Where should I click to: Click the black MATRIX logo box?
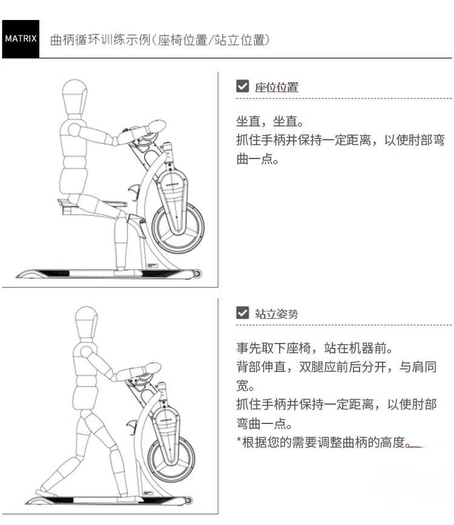(x=21, y=39)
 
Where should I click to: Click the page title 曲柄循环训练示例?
(x=100, y=40)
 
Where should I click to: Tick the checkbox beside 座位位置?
(x=242, y=86)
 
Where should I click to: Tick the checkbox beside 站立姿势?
(x=242, y=313)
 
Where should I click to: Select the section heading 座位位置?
(x=277, y=87)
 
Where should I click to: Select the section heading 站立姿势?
(x=277, y=314)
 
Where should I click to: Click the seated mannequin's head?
(x=74, y=97)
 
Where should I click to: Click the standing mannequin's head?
(x=87, y=324)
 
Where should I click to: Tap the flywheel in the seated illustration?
(x=177, y=229)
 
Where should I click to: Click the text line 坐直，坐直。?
(x=270, y=121)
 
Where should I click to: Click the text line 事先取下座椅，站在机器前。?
(x=314, y=348)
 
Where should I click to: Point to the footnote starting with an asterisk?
(x=323, y=442)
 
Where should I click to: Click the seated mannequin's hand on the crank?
(x=154, y=126)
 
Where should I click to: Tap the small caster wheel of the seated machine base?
(x=197, y=273)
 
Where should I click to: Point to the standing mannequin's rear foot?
(x=46, y=492)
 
